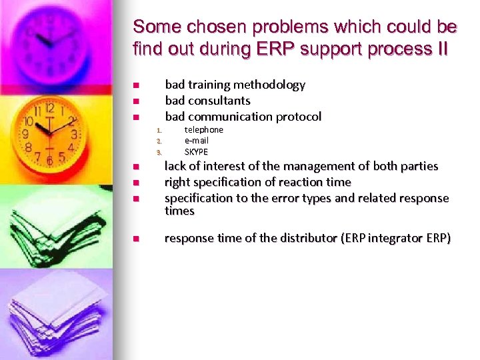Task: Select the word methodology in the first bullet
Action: tap(269, 85)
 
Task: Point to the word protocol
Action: tap(297, 117)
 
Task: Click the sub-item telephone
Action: tap(203, 129)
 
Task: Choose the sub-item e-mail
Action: tap(196, 141)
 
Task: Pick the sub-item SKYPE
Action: tap(196, 151)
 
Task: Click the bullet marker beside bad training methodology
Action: tap(135, 85)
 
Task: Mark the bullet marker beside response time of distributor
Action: tap(135, 239)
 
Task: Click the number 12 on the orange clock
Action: tap(49, 108)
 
